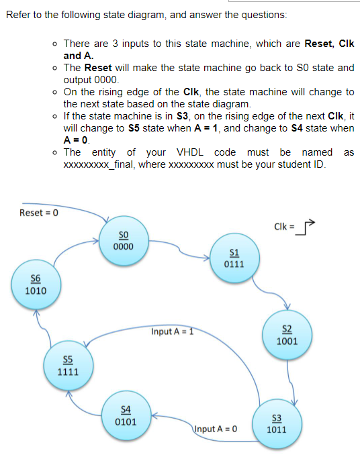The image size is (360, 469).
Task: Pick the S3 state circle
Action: coord(276,423)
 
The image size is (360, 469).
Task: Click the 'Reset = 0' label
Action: coord(39,213)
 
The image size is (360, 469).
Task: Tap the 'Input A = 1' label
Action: coord(172,331)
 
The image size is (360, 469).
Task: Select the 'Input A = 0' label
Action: coord(216,429)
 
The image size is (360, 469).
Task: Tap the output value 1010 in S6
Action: coord(35,291)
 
